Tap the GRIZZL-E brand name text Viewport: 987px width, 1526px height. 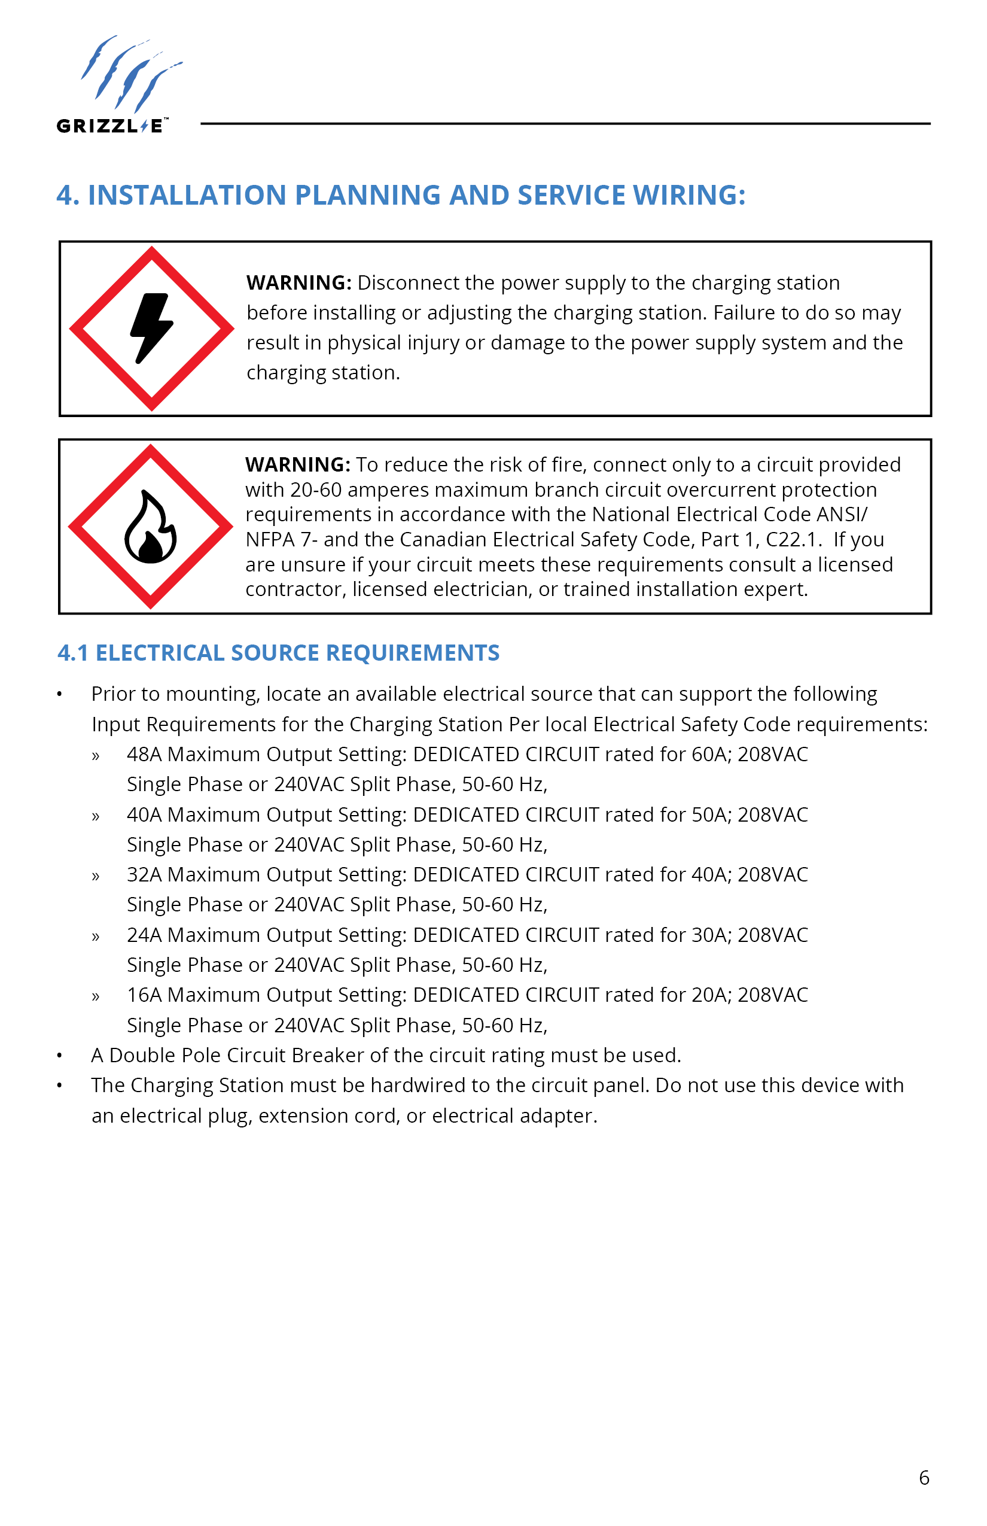[112, 126]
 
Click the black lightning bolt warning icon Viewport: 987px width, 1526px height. [151, 328]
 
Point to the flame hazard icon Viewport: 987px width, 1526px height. [150, 527]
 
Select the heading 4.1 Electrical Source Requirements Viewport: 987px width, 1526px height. [278, 653]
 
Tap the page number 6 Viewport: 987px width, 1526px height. [924, 1478]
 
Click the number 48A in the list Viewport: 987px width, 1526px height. [144, 754]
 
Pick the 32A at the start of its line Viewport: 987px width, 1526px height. [144, 874]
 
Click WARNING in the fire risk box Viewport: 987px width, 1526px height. [297, 464]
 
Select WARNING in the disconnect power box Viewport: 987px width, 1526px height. [298, 282]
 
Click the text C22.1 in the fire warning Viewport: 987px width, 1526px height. [793, 539]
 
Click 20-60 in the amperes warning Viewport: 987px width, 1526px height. [315, 490]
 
